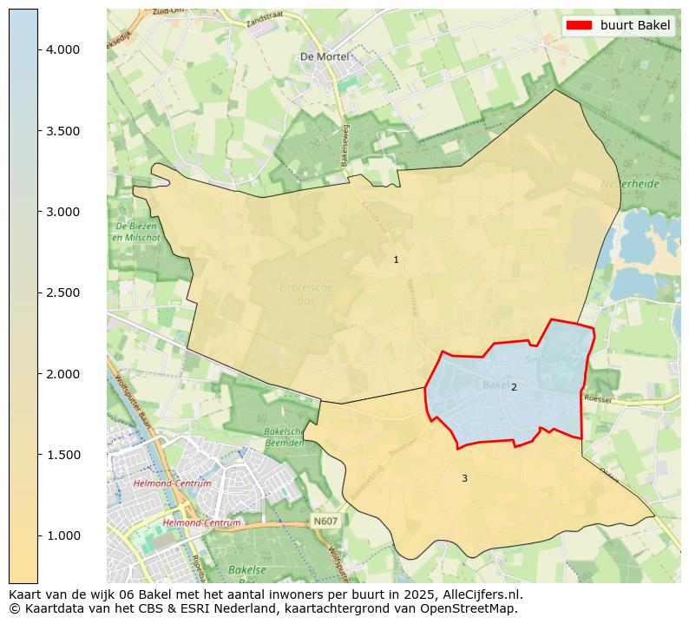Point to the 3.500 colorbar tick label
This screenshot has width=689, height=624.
(62, 131)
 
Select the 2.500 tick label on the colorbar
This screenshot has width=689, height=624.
(62, 292)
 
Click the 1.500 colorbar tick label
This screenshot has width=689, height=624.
(62, 455)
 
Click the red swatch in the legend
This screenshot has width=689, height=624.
(579, 25)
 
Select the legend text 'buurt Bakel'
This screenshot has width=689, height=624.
(635, 25)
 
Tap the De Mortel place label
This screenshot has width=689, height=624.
(324, 56)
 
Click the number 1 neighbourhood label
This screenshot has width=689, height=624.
(396, 260)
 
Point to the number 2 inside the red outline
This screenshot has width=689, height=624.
(514, 387)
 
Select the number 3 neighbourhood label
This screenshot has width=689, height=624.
(464, 478)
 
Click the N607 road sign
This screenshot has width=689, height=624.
(325, 521)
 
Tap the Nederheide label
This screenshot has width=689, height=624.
(630, 184)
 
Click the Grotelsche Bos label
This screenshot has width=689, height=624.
(305, 292)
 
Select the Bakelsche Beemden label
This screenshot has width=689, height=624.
(283, 437)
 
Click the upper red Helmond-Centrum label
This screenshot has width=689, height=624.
(173, 483)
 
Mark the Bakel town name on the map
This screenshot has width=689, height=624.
(495, 384)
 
